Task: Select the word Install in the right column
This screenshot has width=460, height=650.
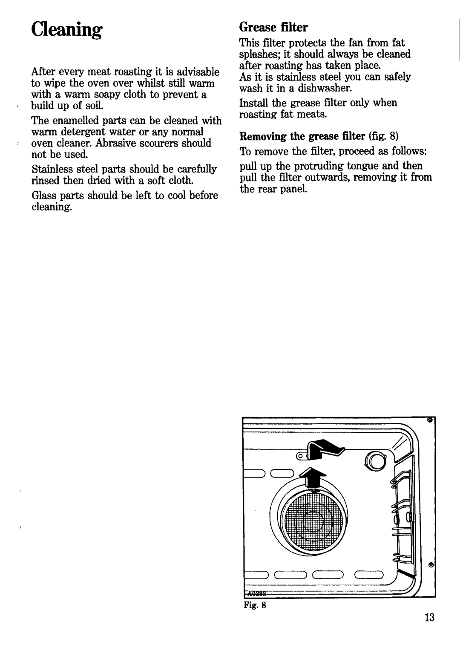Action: tap(253, 103)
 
